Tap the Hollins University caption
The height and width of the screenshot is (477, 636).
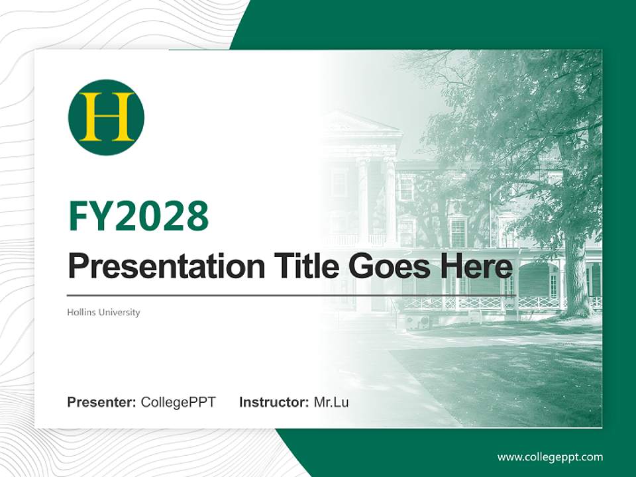[103, 312]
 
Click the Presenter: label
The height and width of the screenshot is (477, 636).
[102, 402]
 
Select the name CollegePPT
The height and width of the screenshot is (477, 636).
[178, 402]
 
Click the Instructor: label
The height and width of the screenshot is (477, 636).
[274, 402]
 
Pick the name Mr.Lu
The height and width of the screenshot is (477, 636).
[331, 402]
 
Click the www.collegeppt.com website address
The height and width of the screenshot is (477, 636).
[550, 457]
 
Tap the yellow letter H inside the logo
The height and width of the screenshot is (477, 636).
[106, 117]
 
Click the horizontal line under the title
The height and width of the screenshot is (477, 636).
[291, 295]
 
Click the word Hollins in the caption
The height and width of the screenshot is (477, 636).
[79, 312]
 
